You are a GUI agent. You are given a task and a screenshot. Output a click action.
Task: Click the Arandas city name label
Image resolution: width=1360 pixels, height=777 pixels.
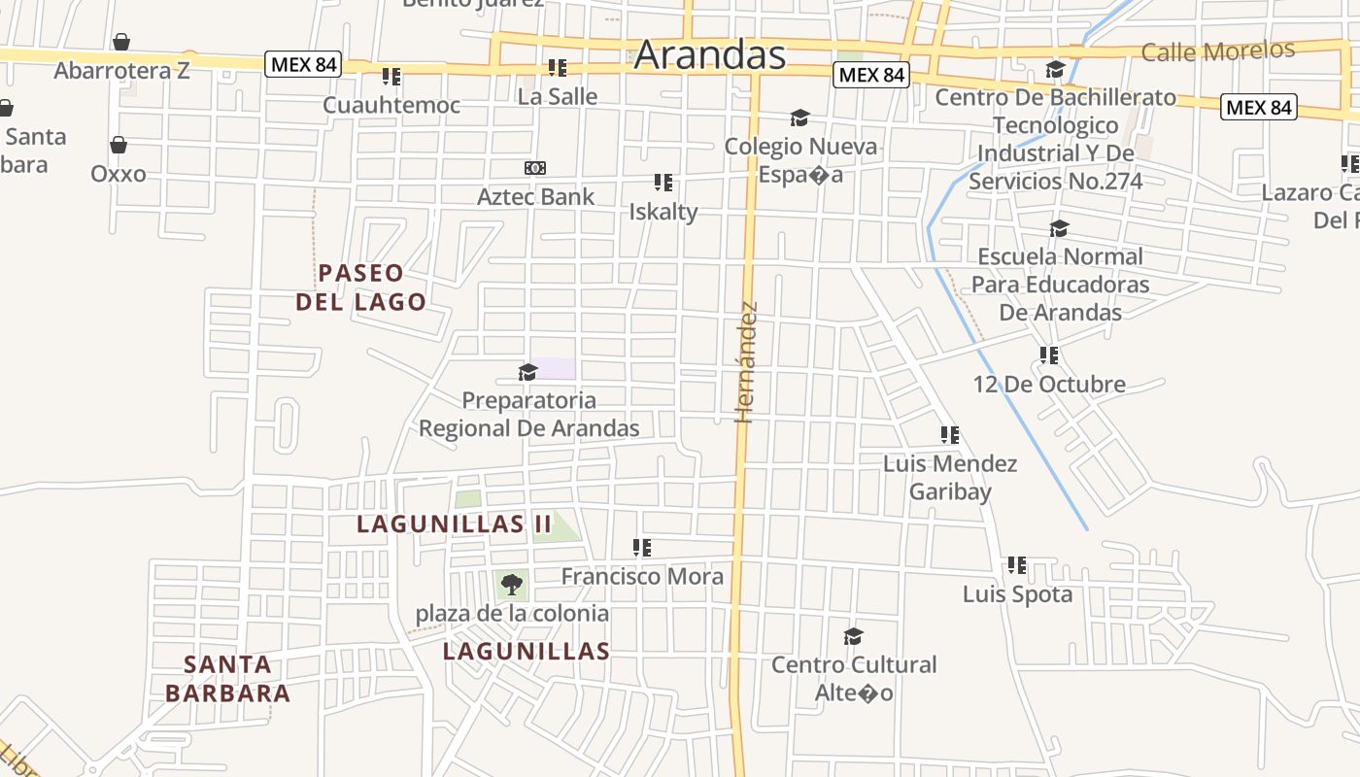click(709, 54)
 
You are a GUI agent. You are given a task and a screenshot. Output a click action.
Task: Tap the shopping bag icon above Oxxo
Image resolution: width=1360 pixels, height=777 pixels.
click(119, 146)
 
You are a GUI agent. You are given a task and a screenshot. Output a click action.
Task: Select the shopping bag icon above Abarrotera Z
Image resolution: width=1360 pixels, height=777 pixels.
click(121, 42)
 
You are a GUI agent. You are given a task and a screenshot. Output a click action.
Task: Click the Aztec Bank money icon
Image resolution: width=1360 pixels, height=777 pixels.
click(535, 168)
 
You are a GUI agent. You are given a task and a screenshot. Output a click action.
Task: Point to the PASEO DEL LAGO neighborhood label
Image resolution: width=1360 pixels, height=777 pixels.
click(360, 287)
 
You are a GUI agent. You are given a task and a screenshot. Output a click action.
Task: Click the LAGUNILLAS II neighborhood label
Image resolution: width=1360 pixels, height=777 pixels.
click(454, 524)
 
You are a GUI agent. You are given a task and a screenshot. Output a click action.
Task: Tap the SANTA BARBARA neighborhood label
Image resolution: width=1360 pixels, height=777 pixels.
click(228, 679)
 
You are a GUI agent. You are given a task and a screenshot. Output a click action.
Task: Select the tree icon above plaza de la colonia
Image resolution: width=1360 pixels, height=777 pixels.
click(512, 585)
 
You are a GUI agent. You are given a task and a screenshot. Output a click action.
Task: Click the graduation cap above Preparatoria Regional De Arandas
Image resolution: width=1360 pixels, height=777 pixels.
click(528, 372)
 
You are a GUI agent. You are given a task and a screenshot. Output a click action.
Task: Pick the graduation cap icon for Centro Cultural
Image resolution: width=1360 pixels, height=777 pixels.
click(854, 636)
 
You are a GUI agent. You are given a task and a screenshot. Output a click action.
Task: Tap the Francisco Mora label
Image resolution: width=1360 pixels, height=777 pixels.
click(642, 577)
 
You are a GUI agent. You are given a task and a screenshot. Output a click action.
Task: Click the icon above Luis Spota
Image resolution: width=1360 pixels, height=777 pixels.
click(1017, 565)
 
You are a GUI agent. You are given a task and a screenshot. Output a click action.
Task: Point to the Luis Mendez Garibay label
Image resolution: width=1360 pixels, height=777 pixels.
click(950, 477)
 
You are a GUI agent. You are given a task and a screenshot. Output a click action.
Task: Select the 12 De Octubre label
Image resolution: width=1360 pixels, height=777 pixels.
click(1049, 384)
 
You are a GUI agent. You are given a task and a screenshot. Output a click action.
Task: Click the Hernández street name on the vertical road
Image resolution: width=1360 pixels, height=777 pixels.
click(745, 362)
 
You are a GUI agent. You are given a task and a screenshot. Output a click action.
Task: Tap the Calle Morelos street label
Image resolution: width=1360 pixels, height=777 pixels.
click(1218, 51)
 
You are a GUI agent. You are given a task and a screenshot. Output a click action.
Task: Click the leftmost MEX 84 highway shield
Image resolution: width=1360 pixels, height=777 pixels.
click(304, 65)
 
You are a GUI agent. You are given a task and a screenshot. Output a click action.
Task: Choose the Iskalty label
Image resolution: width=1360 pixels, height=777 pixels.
click(663, 212)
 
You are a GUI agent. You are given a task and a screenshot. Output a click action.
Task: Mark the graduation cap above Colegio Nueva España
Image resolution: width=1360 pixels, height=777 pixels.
click(799, 118)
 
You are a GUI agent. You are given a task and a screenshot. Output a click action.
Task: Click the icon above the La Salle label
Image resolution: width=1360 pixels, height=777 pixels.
click(558, 68)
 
